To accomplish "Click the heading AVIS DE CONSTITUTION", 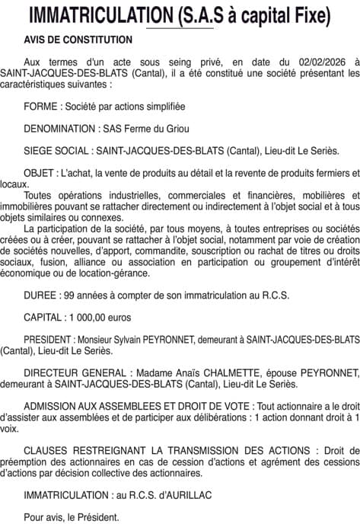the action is point(78,40).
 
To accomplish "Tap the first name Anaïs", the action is point(181,373).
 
